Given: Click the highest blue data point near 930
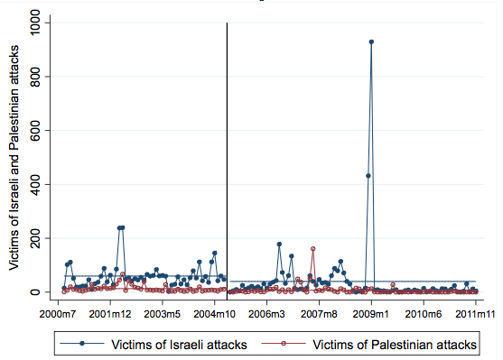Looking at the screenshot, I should tap(371, 42).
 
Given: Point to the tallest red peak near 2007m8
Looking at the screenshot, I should tap(312, 248).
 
